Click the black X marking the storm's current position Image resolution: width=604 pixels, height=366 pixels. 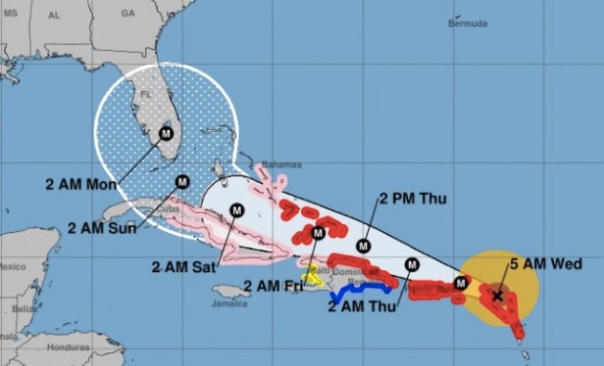[x=498, y=296]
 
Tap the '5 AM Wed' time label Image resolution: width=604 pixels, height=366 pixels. [x=545, y=265]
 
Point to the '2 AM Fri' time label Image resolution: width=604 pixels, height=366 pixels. [x=271, y=285]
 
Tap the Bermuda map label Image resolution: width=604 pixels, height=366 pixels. [x=467, y=21]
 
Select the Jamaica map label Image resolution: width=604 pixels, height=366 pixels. [x=230, y=303]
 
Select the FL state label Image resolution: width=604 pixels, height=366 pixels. [x=146, y=95]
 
